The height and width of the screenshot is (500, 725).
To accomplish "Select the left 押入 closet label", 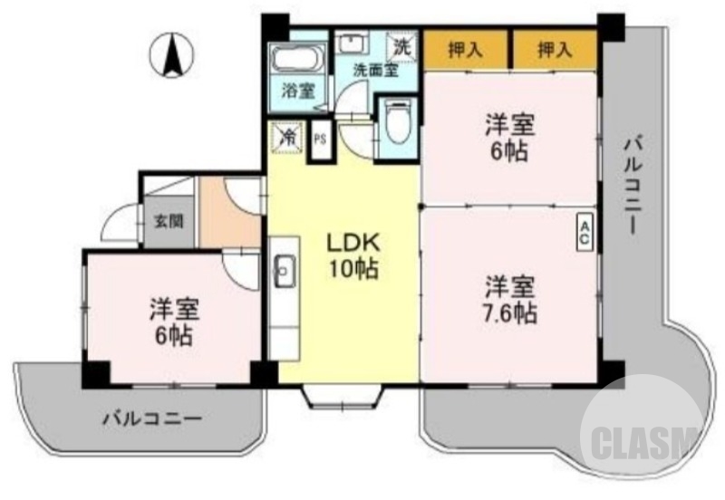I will (465, 50).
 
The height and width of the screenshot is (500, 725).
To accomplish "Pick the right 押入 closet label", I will (555, 50).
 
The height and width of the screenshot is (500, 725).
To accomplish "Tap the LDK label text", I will (346, 244).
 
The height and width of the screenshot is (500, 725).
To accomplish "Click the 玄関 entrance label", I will (168, 220).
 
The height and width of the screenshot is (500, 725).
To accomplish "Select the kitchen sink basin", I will (284, 269).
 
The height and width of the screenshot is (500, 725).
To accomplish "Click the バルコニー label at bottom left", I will (151, 418).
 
